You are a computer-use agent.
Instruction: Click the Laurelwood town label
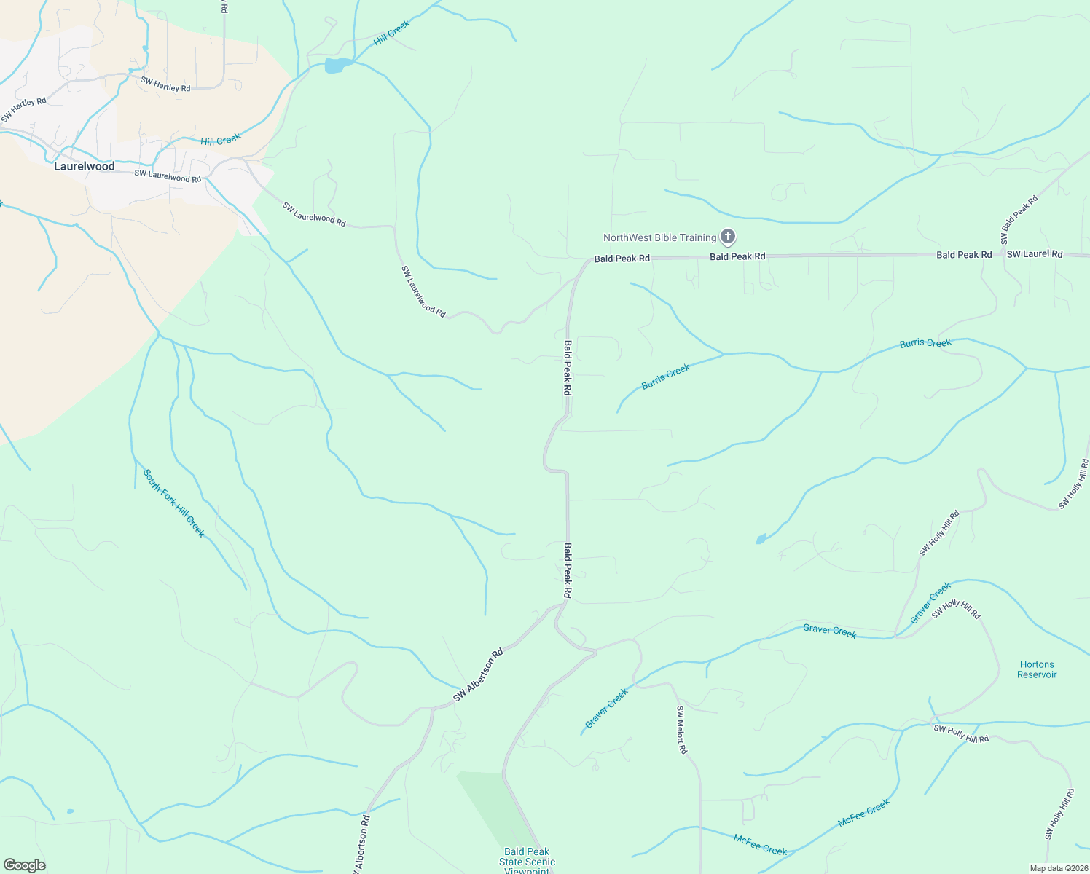85,166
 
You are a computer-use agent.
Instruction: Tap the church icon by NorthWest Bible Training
727,237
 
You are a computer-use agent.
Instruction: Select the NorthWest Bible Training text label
659,237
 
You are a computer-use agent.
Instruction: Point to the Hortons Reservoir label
1037,669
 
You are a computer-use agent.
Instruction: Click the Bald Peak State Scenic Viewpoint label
527,861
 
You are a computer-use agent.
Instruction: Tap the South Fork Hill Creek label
174,503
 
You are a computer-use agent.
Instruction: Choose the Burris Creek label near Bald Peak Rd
665,377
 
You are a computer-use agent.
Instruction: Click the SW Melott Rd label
681,730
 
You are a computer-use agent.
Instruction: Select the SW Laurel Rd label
1035,254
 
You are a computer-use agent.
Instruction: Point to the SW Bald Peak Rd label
1019,220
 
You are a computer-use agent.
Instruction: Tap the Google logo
24,865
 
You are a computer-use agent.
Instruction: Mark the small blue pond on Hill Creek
336,66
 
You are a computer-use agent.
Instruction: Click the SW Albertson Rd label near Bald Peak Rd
478,675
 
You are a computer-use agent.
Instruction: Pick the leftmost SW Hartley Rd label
23,110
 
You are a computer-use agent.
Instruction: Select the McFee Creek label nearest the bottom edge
760,845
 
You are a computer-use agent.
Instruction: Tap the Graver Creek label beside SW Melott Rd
606,708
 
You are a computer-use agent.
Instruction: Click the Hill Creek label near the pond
392,33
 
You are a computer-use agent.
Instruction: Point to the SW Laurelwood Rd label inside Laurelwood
168,176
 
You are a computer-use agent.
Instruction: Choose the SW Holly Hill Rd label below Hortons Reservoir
961,733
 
